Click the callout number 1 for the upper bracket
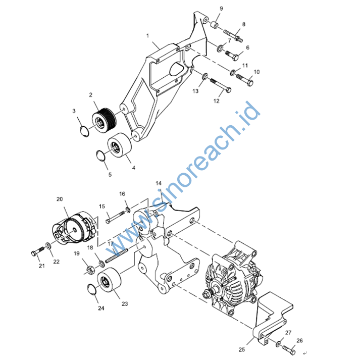(148, 36)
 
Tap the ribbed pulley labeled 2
(104, 121)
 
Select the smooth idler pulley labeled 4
(120, 145)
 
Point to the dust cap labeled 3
(84, 131)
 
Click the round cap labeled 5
(100, 155)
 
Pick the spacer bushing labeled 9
(215, 25)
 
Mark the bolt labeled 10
(245, 79)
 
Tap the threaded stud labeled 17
(117, 256)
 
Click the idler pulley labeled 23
(109, 281)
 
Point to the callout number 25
(242, 349)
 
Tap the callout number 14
(159, 183)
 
